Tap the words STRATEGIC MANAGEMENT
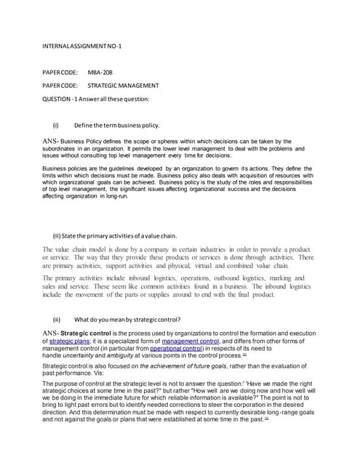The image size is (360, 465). pyautogui.click(x=128, y=86)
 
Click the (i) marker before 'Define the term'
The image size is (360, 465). pyautogui.click(x=56, y=125)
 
